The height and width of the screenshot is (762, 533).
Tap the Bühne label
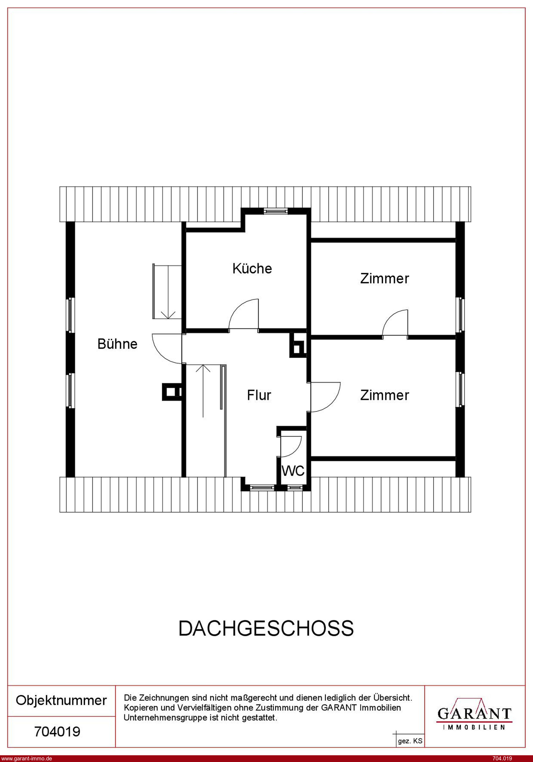[x=117, y=344]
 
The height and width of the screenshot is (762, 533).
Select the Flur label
[x=259, y=395]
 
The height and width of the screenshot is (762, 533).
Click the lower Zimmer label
[x=385, y=395]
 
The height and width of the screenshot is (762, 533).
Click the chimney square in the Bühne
[x=171, y=392]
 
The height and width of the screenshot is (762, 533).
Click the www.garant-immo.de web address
[x=26, y=758]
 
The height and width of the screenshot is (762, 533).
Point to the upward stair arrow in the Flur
[x=203, y=391]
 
